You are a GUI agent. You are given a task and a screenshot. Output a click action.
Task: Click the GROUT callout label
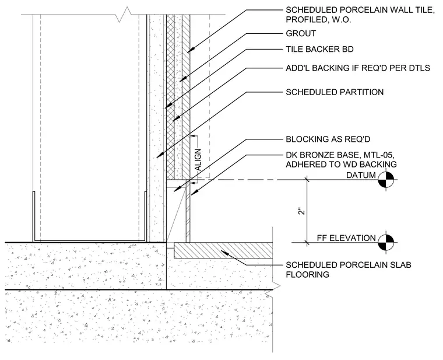point(301,33)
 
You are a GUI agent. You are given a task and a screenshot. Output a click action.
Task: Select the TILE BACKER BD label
point(319,49)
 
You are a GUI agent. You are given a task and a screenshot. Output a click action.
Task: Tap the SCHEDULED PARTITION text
point(335,92)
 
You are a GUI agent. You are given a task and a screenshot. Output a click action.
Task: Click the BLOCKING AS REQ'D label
point(328,139)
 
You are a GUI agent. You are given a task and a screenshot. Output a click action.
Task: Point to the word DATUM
point(361,176)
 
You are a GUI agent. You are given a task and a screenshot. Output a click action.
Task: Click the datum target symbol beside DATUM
point(386,180)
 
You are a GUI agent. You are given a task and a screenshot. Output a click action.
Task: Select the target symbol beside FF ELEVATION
point(386,242)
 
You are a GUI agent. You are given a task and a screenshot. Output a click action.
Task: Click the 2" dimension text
point(302,211)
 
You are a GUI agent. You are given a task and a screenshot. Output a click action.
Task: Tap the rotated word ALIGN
point(198,160)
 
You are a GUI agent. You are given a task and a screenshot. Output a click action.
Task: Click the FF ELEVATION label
point(346,238)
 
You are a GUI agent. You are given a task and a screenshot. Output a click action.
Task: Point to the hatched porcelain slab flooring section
point(223,250)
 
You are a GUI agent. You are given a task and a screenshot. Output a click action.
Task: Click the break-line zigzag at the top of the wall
point(124,15)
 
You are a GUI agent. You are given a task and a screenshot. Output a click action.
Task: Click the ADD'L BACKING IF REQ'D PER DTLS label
point(358,68)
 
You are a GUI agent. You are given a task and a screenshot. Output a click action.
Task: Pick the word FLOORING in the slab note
point(307,275)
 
